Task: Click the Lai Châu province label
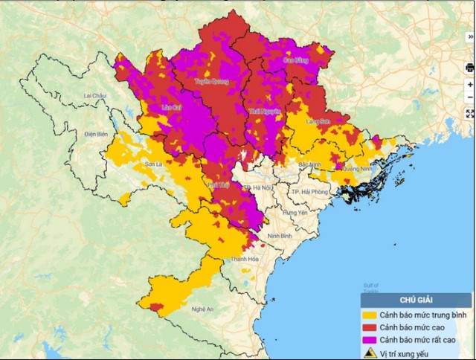tap(96, 96)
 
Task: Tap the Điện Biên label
tap(97, 134)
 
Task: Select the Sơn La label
tap(153, 163)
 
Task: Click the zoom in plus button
tap(469, 85)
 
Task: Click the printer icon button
tap(469, 67)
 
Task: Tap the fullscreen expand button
tap(469, 114)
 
